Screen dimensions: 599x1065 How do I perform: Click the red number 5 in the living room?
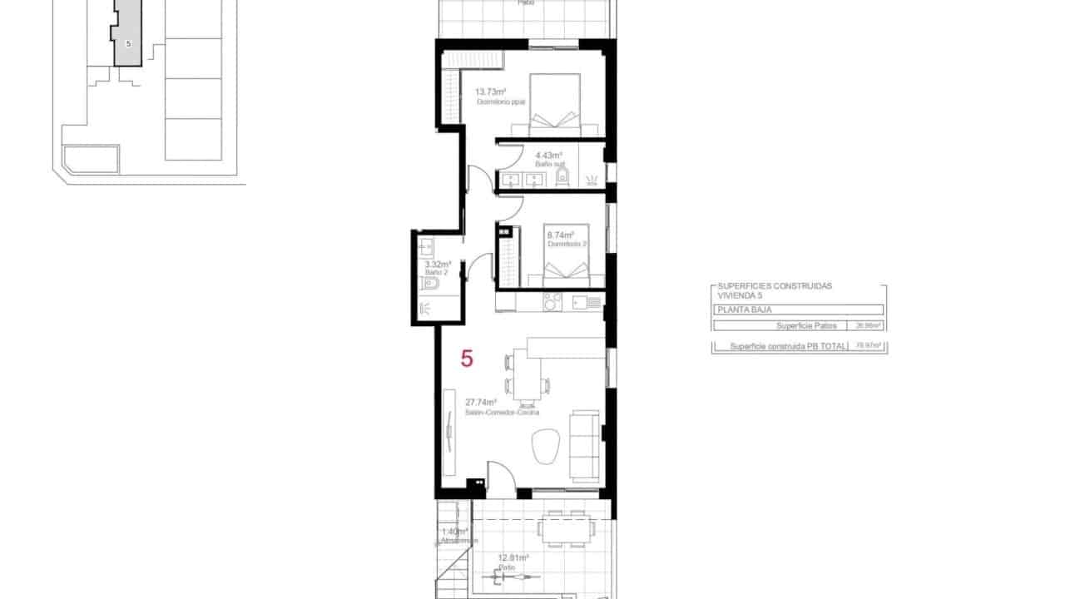(467, 359)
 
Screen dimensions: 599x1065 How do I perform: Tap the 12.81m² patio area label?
(513, 558)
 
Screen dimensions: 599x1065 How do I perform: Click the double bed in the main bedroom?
(553, 104)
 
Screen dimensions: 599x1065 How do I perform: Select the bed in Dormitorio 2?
(568, 255)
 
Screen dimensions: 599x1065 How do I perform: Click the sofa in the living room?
(586, 445)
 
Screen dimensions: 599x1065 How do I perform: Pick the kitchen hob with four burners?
(553, 302)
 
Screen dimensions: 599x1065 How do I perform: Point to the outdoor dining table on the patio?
(566, 527)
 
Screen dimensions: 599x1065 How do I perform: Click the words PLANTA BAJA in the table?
(737, 309)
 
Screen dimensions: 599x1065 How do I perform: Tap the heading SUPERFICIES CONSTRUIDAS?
(774, 286)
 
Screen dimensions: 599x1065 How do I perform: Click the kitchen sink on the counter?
(592, 302)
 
